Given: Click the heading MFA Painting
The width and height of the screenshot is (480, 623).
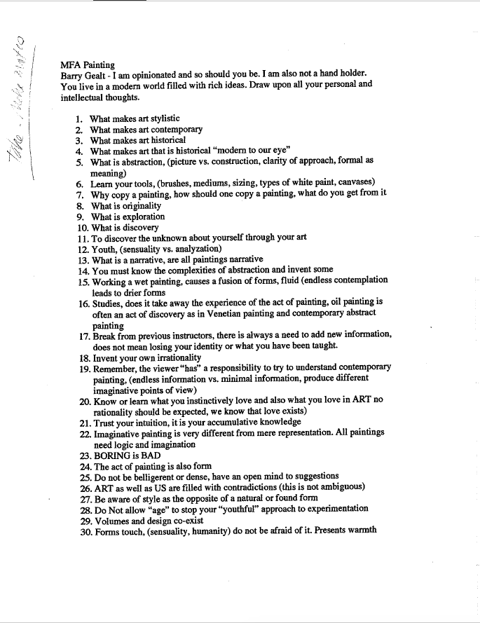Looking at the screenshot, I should [x=88, y=64].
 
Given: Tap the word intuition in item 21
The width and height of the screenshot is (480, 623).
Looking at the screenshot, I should [x=153, y=423].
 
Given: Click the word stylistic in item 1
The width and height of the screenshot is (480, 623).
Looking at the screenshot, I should [x=161, y=118].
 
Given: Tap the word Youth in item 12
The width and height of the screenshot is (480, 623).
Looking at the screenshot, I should [x=104, y=249].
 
